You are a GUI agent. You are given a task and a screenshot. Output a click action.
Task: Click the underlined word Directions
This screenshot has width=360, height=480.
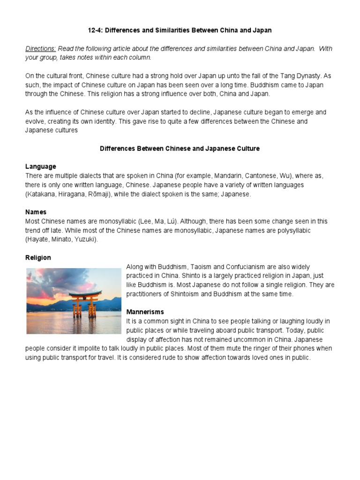pos(40,49)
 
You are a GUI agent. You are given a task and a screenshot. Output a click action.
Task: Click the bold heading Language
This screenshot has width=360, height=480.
pos(40,166)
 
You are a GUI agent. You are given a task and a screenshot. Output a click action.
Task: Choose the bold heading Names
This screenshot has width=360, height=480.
pos(36,212)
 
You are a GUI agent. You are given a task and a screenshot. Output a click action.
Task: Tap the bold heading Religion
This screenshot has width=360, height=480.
pos(38,258)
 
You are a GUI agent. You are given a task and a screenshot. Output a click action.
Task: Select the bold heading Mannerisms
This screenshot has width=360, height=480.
pos(145,312)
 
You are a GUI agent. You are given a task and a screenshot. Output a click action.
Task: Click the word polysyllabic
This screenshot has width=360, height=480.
pos(290,231)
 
